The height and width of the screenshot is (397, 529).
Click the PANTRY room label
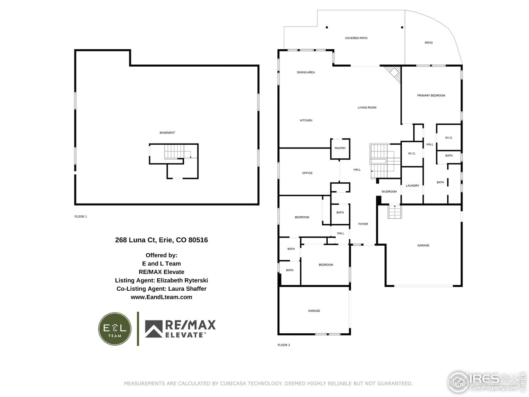340,148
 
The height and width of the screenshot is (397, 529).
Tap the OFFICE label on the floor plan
307,173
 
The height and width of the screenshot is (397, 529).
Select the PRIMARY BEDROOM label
431,96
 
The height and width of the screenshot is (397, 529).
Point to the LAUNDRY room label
412,186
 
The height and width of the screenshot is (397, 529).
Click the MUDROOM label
389,191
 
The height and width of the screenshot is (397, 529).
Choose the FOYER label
363,224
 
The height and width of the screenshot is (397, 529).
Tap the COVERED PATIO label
356,38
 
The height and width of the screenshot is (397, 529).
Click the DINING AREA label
306,72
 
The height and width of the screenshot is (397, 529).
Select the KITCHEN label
306,120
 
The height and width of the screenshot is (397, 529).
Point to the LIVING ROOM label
367,108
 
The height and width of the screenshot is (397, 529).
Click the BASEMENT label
167,133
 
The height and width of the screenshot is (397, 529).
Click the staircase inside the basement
174,152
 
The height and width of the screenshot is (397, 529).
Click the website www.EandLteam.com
161,297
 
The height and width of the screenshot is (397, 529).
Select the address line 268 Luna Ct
161,239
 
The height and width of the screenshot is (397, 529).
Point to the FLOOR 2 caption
284,345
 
